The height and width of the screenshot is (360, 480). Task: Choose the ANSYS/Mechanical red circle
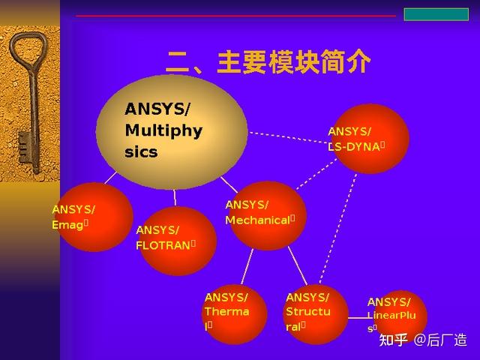coord(267,215)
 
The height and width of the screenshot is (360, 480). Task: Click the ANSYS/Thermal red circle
coord(235,314)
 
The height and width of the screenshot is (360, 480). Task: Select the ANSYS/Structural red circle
coord(316,314)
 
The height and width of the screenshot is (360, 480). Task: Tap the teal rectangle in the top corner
coord(436,14)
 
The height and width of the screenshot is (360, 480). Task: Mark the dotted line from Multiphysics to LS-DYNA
coord(289,138)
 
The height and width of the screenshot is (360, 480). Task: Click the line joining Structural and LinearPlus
coord(359,319)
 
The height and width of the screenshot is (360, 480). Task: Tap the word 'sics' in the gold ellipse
coord(141,152)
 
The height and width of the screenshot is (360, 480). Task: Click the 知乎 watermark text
coord(394,340)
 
